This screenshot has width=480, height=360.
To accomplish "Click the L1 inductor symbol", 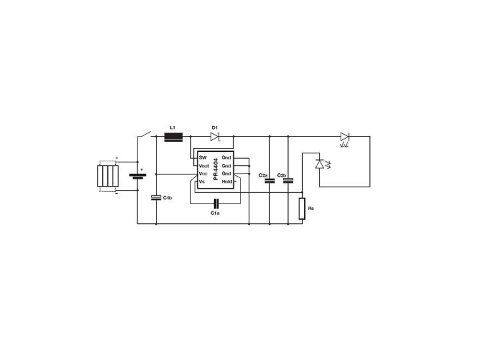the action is click(173, 137).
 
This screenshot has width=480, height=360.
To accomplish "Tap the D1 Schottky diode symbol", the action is click(215, 137).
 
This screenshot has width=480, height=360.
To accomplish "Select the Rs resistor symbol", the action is click(302, 209).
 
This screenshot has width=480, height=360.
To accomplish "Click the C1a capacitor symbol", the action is click(216, 203).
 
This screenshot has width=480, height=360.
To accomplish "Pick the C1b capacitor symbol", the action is click(156, 198).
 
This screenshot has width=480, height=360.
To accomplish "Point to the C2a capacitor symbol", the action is click(269, 181).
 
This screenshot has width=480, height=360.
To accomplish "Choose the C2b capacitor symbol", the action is click(288, 181).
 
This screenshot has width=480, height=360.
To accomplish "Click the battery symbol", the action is click(137, 176).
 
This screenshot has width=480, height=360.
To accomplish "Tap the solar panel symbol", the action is click(108, 176).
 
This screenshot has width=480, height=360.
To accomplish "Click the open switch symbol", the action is click(145, 134).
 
